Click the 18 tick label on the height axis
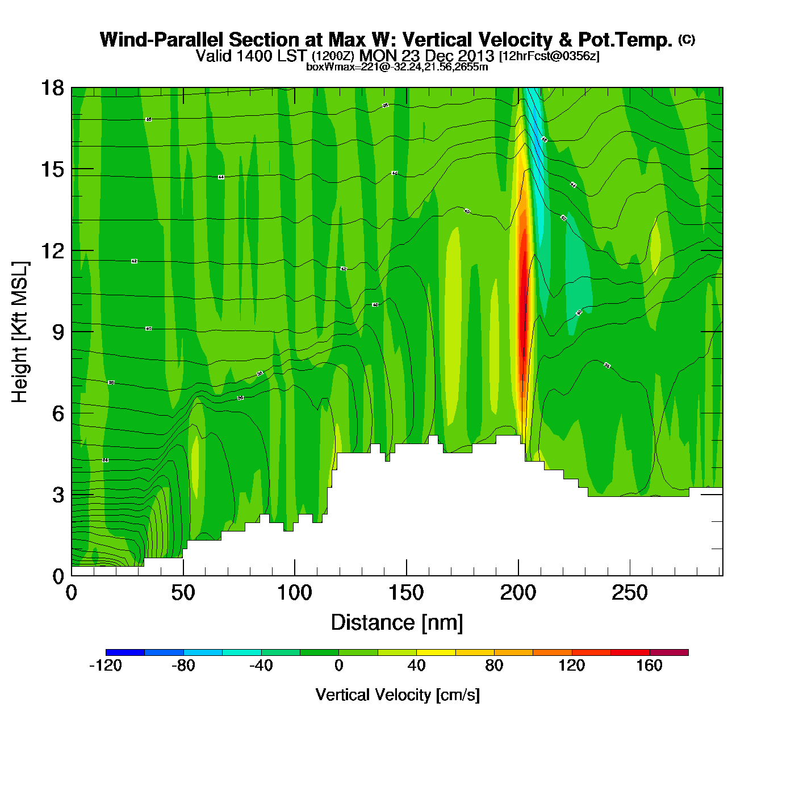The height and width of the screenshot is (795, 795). pos(52,88)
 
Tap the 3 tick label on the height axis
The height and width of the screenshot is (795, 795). pos(58,495)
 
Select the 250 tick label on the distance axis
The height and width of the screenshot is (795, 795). pos(629,593)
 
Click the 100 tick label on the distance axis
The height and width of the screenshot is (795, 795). pos(294,593)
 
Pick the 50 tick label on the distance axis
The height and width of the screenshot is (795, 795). pos(183,593)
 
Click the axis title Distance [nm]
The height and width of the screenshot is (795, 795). pos(397,623)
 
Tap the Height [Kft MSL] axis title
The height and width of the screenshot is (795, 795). pos(20,332)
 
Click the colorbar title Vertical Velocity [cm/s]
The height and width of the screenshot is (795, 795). pos(397,694)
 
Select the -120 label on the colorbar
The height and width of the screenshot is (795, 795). pos(106,666)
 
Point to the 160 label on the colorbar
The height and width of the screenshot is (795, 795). pos(649,666)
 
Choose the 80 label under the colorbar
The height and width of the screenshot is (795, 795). pos(494,666)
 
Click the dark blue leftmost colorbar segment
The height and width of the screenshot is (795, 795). pos(125,652)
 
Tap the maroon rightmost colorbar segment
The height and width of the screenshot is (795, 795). pos(669,652)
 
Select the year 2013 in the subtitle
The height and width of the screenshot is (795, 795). pos(476,56)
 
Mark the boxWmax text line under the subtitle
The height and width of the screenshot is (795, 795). pos(397,67)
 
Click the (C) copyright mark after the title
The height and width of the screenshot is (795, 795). pos(687,39)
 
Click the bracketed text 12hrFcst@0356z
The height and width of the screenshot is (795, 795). pos(549,56)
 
